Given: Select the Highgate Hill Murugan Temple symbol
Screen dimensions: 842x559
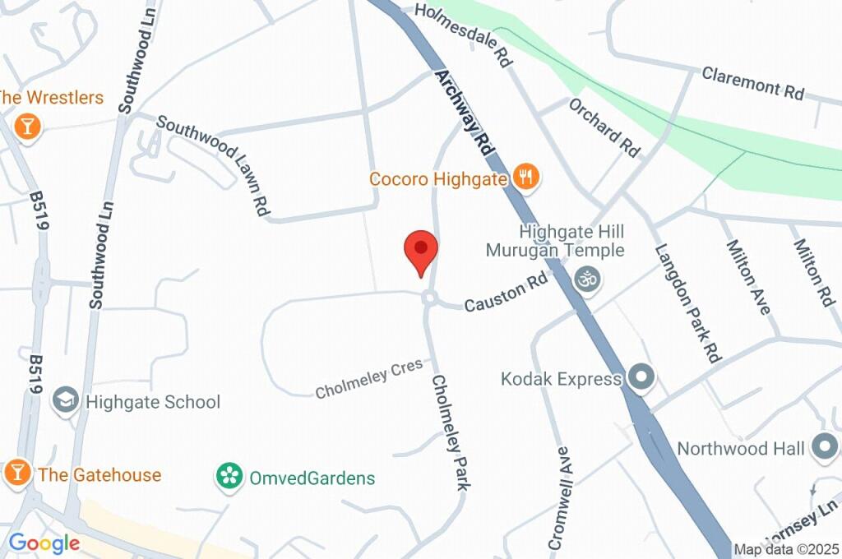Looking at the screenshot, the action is (x=587, y=279).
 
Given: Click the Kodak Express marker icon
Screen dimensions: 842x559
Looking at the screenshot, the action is (x=641, y=378).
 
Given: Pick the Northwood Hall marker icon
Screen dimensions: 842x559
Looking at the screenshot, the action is (x=824, y=448).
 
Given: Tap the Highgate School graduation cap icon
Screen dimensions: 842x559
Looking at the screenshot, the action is (x=65, y=401).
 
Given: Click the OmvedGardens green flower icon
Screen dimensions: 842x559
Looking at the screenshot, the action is (x=229, y=476).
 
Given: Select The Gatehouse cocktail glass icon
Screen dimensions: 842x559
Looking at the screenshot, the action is (x=16, y=473).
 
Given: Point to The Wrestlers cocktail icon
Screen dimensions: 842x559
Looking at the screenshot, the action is (x=27, y=127).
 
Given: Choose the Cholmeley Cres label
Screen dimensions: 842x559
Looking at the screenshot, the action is (x=368, y=377).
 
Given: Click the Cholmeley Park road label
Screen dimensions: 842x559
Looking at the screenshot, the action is (x=451, y=433).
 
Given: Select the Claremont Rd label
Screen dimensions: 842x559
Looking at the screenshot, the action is (x=752, y=84).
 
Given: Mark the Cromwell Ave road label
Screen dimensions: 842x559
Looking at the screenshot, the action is (x=559, y=497).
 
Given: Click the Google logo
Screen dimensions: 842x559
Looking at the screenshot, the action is (x=44, y=543).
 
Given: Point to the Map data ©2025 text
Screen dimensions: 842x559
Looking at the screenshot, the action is (x=786, y=550).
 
